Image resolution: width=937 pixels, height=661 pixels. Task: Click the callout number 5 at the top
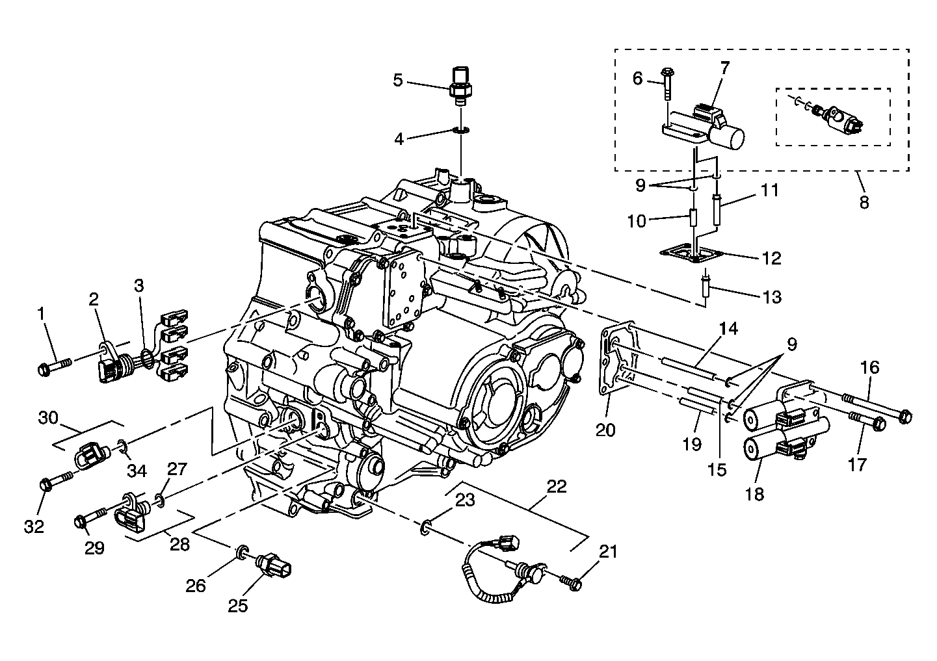tap(397, 81)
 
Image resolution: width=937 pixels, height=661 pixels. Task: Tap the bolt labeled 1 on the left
tap(52, 367)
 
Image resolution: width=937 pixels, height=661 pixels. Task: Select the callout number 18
tap(754, 494)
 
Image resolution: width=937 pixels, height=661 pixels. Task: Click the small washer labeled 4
tap(461, 131)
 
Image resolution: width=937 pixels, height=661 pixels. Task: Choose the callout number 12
tap(771, 258)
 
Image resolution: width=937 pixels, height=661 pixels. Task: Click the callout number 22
tap(556, 486)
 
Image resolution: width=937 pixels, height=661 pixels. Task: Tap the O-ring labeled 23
tap(425, 527)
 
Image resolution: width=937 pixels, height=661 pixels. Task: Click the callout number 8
tap(864, 202)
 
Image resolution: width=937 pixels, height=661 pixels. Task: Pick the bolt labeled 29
tap(90, 518)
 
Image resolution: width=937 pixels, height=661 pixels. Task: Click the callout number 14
tap(728, 329)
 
